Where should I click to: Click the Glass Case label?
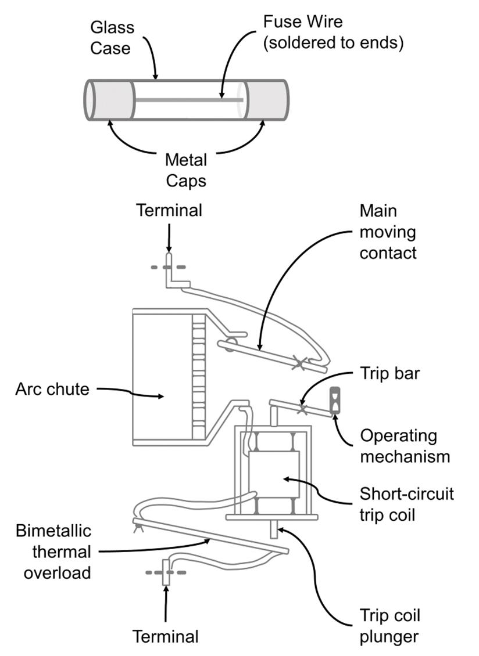[x=112, y=37]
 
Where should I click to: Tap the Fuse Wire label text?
[x=333, y=33]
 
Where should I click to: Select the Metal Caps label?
[x=185, y=170]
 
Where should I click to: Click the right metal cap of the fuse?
[x=264, y=100]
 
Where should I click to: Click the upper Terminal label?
[x=169, y=210]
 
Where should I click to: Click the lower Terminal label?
[x=166, y=636]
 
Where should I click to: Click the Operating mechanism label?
[x=405, y=446]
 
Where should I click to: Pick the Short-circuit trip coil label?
[x=406, y=504]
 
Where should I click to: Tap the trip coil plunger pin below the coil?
[x=274, y=529]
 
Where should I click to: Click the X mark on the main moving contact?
[x=299, y=364]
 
